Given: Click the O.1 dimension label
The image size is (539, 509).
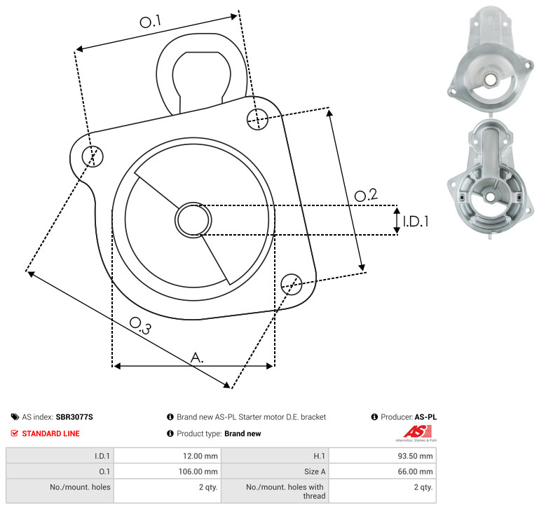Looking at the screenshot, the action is (x=151, y=22).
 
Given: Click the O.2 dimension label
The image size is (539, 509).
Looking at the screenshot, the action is (x=366, y=195).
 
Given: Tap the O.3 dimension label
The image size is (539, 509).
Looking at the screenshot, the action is (x=140, y=325).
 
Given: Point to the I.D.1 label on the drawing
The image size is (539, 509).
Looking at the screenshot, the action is (x=416, y=222).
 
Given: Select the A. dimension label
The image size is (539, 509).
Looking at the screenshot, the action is (x=197, y=358).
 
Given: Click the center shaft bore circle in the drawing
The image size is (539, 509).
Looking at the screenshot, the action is (x=193, y=219).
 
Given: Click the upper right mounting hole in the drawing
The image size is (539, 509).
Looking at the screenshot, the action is (x=257, y=119).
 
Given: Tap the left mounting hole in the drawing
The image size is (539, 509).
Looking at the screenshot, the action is (x=93, y=156).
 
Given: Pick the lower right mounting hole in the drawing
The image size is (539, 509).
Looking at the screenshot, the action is (x=292, y=284).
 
